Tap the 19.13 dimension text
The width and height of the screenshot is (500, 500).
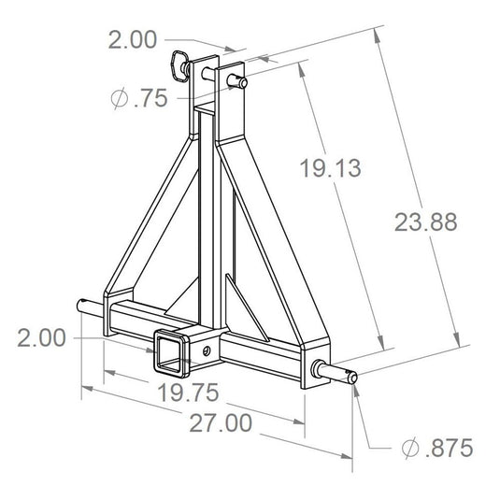331,168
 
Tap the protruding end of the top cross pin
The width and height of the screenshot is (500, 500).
240,82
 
